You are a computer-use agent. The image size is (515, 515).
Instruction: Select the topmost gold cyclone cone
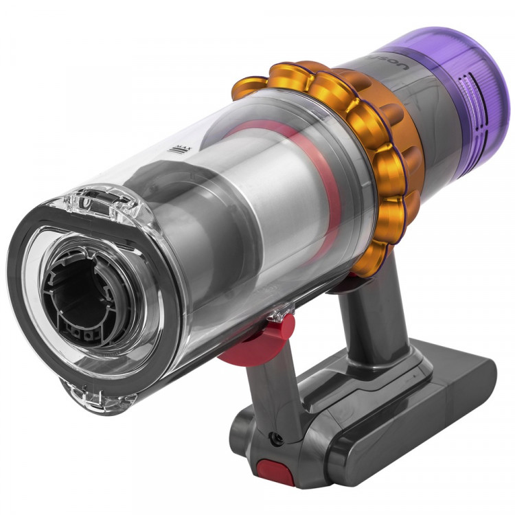[x=288, y=76]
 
